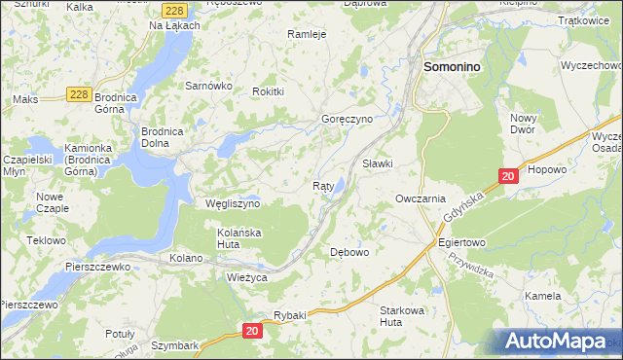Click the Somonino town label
click(x=455, y=66)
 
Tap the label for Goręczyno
click(x=348, y=120)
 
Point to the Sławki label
click(x=377, y=163)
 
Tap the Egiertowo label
click(x=461, y=242)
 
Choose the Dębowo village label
click(x=350, y=252)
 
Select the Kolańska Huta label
click(x=240, y=239)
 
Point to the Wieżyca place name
click(x=245, y=277)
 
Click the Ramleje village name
click(x=306, y=33)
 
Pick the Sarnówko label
click(x=207, y=86)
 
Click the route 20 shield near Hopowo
click(x=507, y=176)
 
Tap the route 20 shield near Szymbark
click(x=252, y=332)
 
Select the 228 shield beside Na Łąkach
click(x=174, y=9)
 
